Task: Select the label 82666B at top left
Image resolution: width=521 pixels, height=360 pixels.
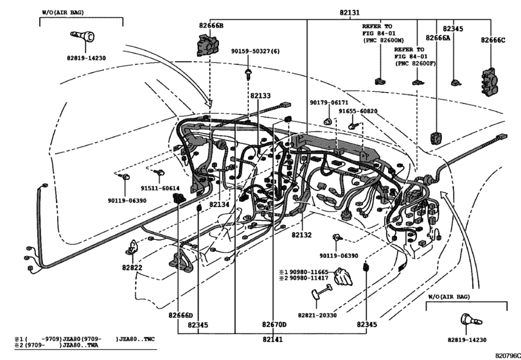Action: click(x=211, y=25)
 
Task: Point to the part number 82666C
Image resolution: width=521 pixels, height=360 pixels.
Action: click(x=493, y=40)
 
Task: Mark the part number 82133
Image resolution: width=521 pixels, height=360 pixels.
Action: click(x=260, y=95)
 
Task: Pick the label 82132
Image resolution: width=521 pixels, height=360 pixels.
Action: click(x=301, y=235)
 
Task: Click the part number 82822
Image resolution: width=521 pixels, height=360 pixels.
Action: click(x=132, y=267)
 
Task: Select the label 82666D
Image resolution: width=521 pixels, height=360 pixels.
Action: click(x=181, y=314)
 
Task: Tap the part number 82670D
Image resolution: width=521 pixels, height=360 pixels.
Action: click(x=274, y=324)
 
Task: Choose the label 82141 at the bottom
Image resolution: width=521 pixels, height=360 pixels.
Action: click(x=274, y=339)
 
